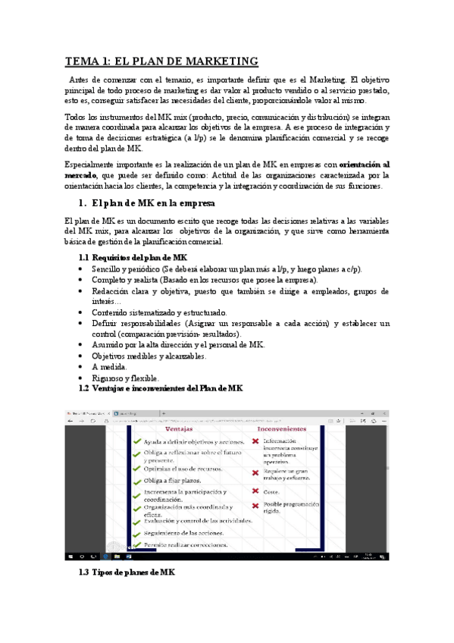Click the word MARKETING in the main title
(218, 61)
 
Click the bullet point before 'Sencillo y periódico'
(82, 269)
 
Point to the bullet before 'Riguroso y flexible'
(82, 378)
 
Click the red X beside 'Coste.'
(255, 491)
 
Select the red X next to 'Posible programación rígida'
(255, 505)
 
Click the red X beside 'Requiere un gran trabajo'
(255, 472)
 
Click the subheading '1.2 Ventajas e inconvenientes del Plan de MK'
(161, 389)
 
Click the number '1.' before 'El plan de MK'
(83, 203)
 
